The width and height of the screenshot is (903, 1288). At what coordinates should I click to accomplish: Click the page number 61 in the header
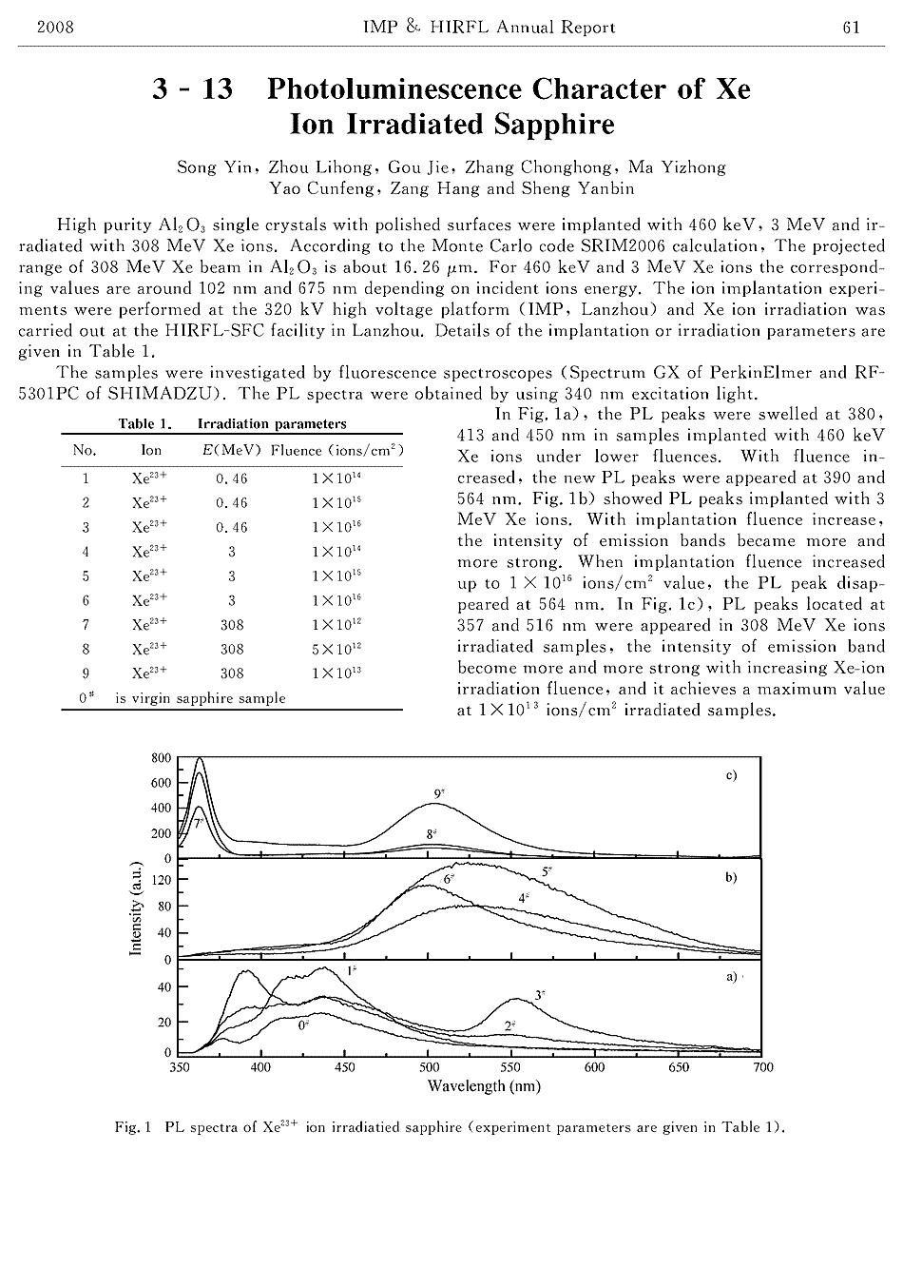(x=851, y=27)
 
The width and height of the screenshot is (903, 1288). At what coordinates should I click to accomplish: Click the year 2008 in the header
(x=55, y=27)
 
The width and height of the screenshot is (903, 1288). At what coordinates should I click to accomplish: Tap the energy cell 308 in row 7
(x=231, y=625)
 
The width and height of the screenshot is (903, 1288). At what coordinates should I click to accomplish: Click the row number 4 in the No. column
(x=86, y=551)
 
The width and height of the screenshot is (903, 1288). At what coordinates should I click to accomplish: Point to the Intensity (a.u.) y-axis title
(x=135, y=909)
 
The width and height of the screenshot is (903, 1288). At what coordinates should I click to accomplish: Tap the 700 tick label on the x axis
(x=762, y=1067)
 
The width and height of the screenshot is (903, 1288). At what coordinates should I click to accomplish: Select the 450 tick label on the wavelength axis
(x=345, y=1067)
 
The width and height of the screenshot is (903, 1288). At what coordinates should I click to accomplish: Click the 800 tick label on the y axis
(x=162, y=758)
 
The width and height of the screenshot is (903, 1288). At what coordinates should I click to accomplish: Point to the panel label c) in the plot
(x=731, y=775)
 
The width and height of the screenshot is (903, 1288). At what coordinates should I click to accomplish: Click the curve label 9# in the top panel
(x=439, y=792)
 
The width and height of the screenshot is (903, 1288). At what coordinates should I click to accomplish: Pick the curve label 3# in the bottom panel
(x=539, y=995)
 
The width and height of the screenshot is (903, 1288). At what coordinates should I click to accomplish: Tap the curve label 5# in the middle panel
(x=548, y=871)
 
